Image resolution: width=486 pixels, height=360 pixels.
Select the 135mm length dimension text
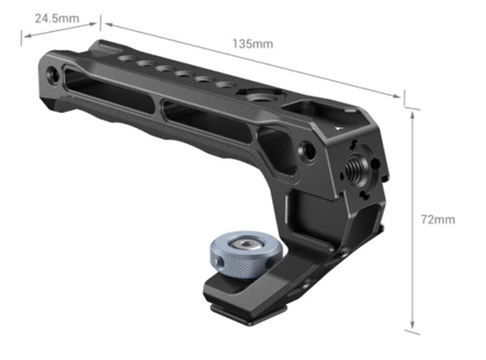click(252, 44)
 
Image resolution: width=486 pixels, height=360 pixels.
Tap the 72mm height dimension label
click(438, 220)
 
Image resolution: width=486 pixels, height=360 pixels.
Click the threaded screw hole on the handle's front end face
click(356, 165)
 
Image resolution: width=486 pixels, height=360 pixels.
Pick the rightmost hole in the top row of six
click(223, 85)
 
